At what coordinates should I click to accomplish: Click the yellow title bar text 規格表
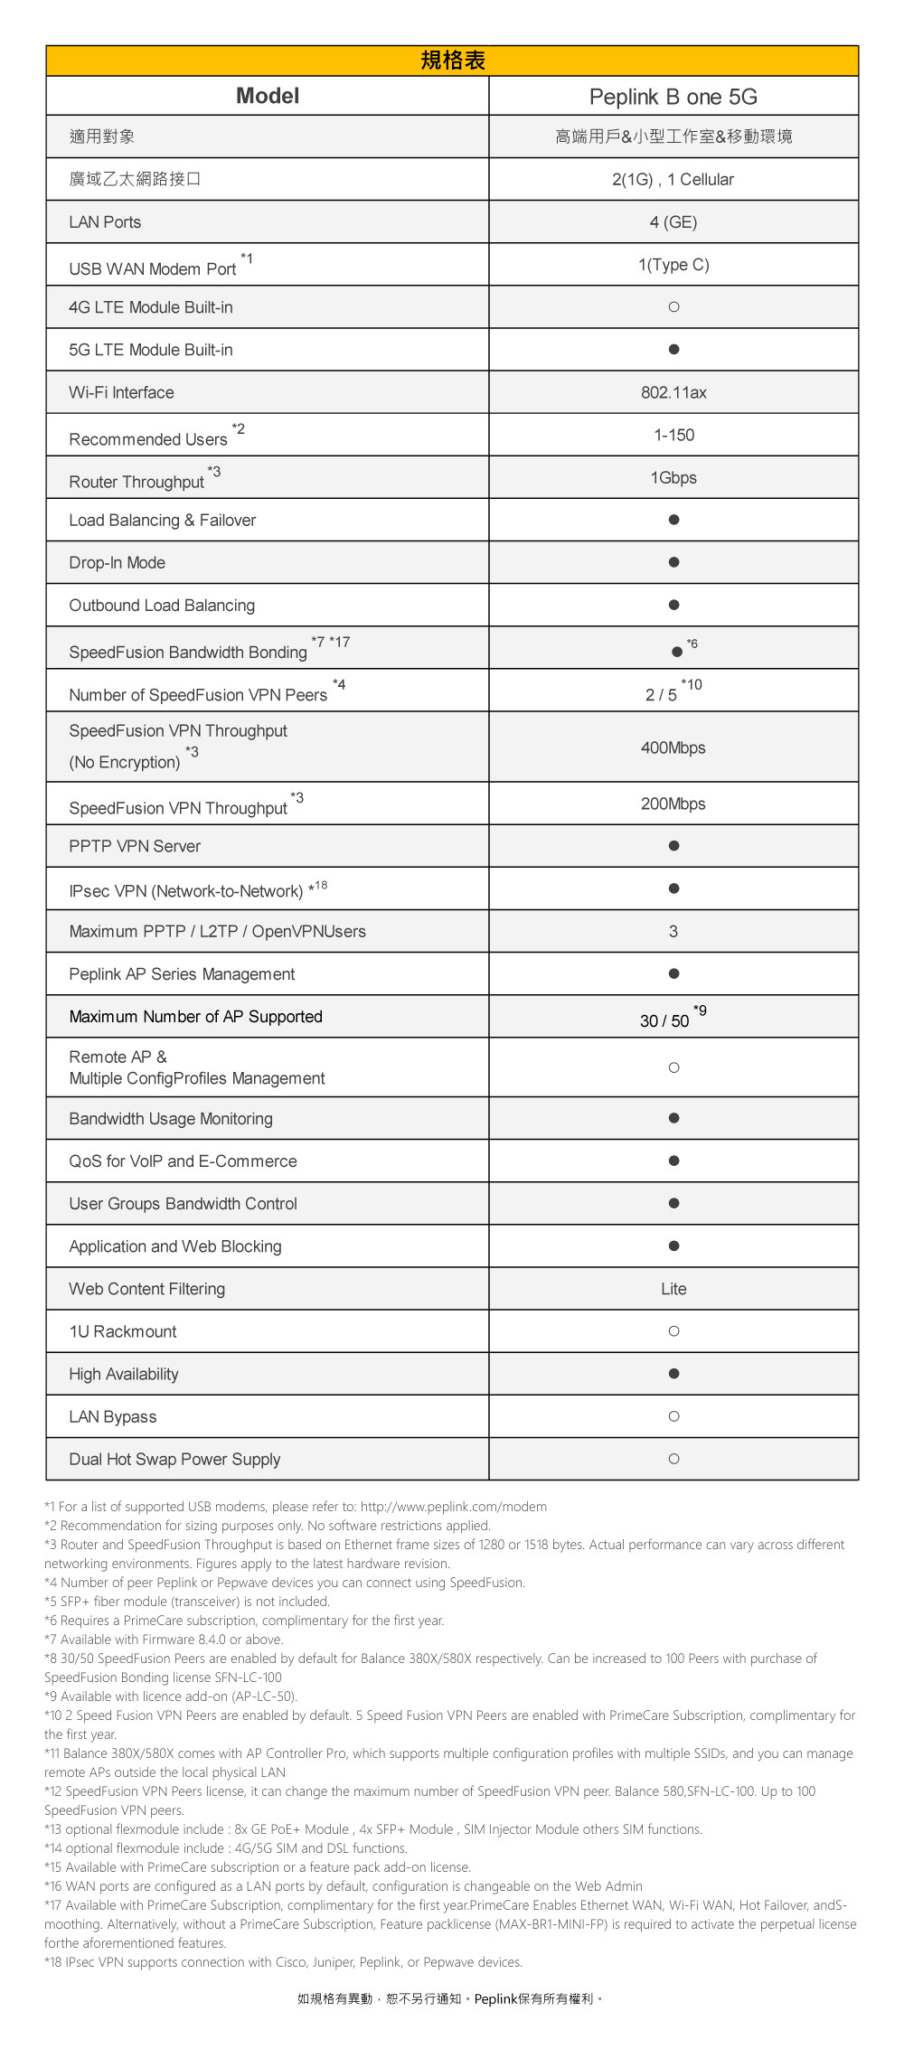click(x=453, y=61)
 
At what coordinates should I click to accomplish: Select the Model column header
click(x=267, y=96)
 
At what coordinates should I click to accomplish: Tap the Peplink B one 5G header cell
click(x=673, y=97)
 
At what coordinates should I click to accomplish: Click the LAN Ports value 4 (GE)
click(x=673, y=222)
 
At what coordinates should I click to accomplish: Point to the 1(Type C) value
click(x=673, y=265)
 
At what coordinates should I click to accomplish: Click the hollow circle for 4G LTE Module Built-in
click(x=673, y=307)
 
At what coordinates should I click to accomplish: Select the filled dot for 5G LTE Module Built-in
click(x=673, y=350)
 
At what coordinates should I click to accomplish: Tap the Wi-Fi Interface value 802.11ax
click(x=673, y=392)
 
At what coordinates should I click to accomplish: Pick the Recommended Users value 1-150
click(x=673, y=435)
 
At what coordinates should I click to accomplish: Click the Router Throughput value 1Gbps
click(x=673, y=477)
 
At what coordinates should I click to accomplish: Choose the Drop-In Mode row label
click(x=117, y=562)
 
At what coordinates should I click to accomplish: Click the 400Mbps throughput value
click(x=673, y=747)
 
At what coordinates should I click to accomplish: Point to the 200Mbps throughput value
click(x=673, y=804)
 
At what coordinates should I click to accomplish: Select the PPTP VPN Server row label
click(x=135, y=846)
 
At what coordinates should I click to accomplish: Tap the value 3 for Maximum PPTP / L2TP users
click(x=673, y=931)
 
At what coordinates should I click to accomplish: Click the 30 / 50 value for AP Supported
click(x=664, y=1020)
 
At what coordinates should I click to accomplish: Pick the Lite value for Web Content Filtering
click(x=673, y=1289)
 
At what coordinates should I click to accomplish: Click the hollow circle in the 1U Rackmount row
click(x=673, y=1331)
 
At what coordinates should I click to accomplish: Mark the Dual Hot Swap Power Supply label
click(x=174, y=1459)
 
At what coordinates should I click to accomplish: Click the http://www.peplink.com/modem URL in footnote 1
click(x=453, y=1507)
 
